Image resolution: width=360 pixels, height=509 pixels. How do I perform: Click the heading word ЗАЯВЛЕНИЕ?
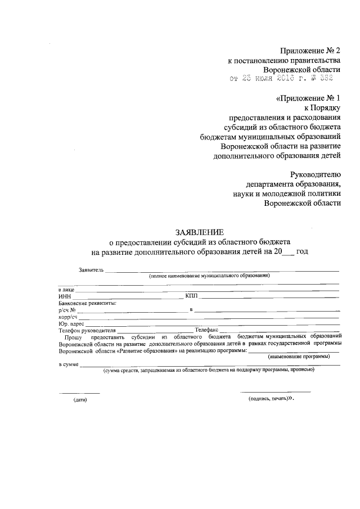pos(200,232)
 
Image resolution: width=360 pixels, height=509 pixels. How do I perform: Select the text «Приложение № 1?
pos(309,98)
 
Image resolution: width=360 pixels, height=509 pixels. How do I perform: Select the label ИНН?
pos(64,296)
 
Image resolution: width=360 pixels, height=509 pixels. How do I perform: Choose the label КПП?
pos(191,296)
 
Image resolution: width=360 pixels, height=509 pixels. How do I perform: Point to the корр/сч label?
pos(67,317)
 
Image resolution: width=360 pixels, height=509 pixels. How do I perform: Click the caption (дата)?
pos(80,399)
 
